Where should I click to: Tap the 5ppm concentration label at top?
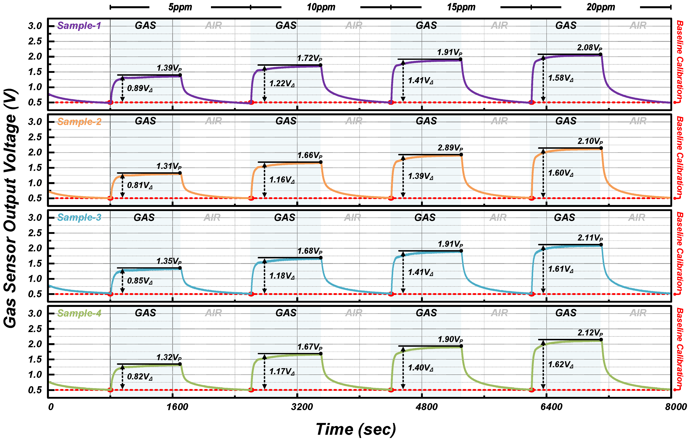click(x=180, y=7)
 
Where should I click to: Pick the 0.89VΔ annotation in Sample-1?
click(x=140, y=88)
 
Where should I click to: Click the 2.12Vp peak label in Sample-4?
click(x=590, y=333)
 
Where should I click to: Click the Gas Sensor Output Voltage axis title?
click(x=11, y=208)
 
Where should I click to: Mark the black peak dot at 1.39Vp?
click(x=180, y=75)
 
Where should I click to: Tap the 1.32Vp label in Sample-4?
click(x=169, y=358)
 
